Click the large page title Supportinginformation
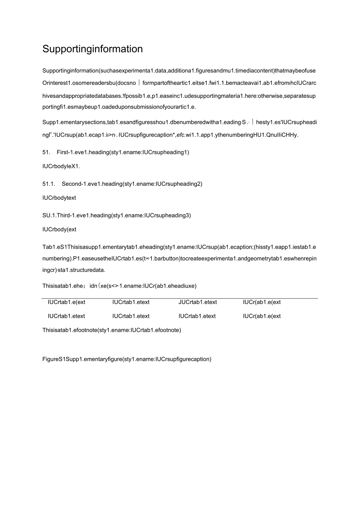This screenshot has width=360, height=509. coord(92,49)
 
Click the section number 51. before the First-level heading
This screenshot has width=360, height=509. coord(47,152)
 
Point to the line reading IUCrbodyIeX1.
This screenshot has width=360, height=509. coord(61,166)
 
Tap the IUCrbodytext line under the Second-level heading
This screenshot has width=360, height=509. coord(59,198)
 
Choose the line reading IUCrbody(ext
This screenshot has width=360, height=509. coord(59,229)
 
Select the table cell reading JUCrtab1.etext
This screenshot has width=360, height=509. coord(198,302)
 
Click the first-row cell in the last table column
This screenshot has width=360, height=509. coord(262,302)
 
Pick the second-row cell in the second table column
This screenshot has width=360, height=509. coord(131,316)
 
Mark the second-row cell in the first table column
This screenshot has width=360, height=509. coord(67,316)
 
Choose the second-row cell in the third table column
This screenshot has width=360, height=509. coord(197,316)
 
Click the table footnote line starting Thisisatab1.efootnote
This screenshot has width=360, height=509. coord(112,330)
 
